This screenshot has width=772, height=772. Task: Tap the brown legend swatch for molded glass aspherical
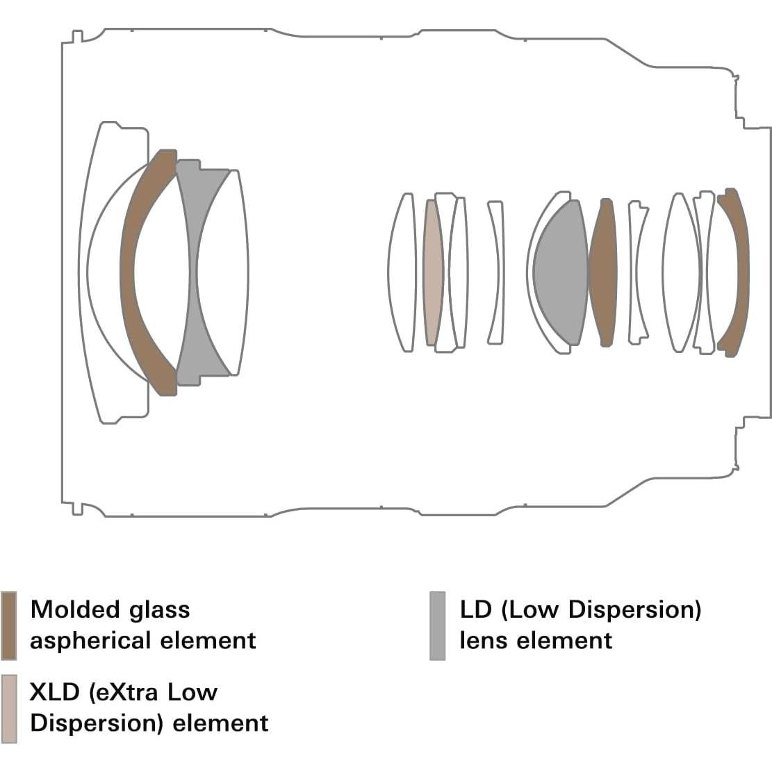[x=9, y=625]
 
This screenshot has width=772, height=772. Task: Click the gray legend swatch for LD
[x=437, y=625]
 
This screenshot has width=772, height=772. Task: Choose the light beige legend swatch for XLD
[x=9, y=708]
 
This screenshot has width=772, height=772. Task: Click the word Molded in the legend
[x=66, y=609]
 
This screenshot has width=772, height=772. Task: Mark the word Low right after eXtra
[x=195, y=692]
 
